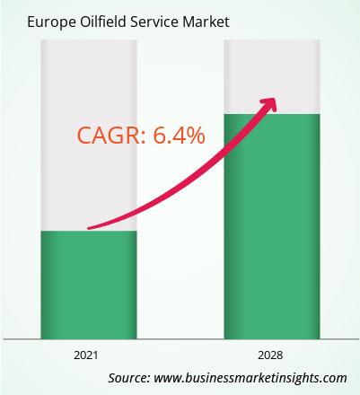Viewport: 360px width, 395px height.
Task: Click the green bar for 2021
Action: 89,285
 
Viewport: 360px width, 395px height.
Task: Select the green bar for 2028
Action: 272,226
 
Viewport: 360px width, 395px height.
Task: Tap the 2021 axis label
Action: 86,355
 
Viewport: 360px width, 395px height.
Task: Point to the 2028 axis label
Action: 270,355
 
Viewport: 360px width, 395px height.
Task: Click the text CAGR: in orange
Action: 112,136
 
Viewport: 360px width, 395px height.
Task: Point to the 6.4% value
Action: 179,136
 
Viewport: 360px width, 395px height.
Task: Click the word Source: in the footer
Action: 129,378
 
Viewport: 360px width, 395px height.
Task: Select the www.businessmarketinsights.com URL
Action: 250,378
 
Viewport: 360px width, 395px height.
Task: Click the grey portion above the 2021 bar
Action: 89,136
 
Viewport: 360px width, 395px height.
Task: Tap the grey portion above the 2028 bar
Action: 272,77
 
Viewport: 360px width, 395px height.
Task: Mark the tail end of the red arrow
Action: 89,228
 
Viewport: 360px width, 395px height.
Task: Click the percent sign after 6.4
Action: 195,136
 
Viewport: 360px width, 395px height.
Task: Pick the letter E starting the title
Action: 31,22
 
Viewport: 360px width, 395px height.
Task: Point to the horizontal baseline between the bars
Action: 180,339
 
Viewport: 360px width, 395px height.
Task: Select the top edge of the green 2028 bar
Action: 272,114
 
